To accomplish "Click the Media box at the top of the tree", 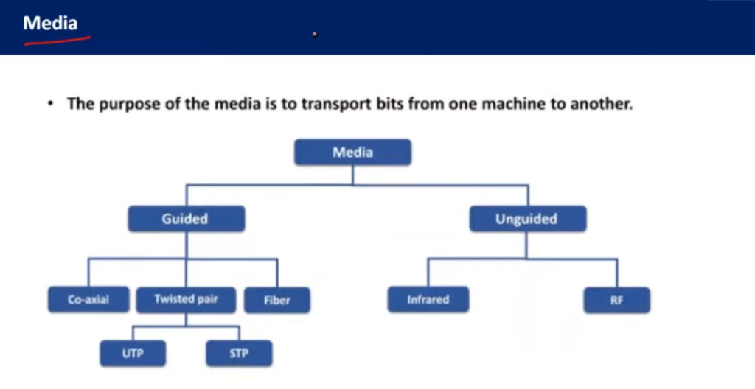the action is (x=352, y=152).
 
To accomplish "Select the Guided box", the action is (x=187, y=219).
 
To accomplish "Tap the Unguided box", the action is (x=528, y=219).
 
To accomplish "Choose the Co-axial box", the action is (x=88, y=299).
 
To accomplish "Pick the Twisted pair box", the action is (x=187, y=299).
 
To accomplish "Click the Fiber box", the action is (x=277, y=300).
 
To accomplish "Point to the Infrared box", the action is (x=428, y=299).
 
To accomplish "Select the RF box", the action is (x=617, y=300).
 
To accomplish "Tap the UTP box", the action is (x=133, y=354).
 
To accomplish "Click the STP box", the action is (x=239, y=354).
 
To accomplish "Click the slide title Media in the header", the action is (x=51, y=23).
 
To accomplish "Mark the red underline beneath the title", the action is (x=58, y=41).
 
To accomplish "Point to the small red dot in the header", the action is (x=314, y=34).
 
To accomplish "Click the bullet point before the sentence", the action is (x=51, y=103).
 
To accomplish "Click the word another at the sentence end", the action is (x=602, y=103).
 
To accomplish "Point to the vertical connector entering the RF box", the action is (x=617, y=273).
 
